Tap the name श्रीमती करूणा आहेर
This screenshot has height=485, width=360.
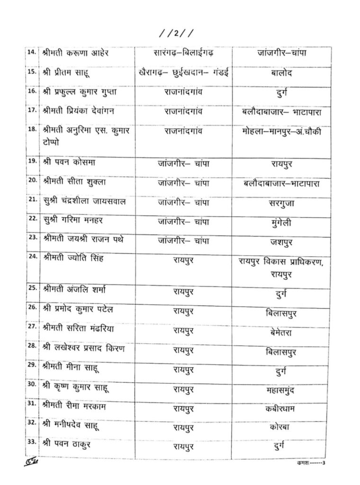click(76, 53)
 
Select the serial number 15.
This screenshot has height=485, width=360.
click(33, 72)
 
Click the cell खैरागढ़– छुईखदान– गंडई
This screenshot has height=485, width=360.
click(183, 72)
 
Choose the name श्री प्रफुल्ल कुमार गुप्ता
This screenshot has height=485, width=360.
click(80, 92)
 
